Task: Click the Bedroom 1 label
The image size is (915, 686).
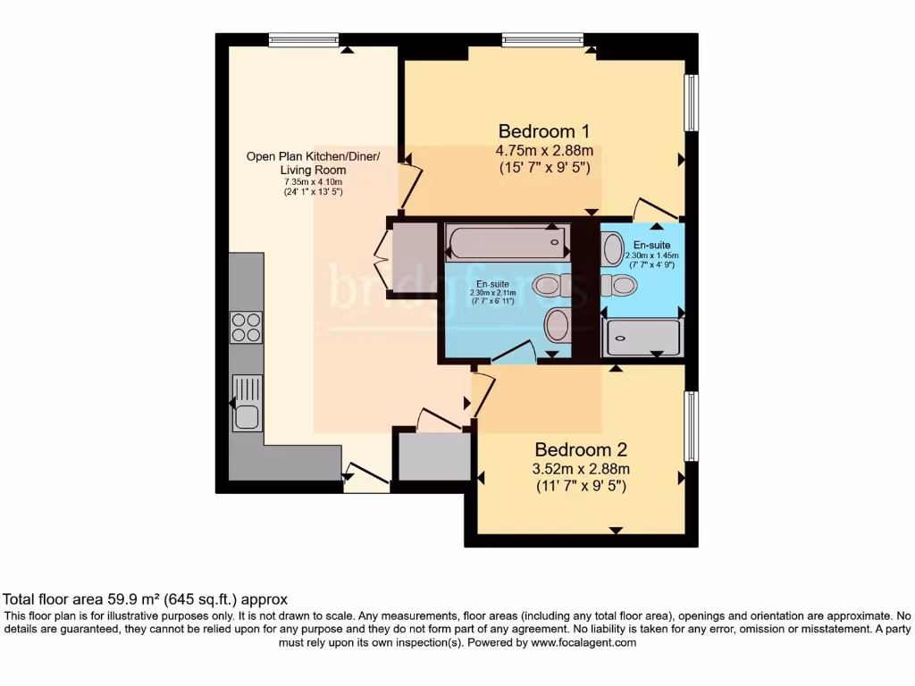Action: pyautogui.click(x=544, y=130)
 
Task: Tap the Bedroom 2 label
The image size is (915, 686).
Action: pyautogui.click(x=581, y=449)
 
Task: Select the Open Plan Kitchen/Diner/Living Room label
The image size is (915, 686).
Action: pyautogui.click(x=313, y=163)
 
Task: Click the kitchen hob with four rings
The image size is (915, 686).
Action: pyautogui.click(x=246, y=327)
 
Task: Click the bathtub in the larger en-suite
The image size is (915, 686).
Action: pyautogui.click(x=507, y=241)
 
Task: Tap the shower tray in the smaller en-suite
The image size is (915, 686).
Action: pyautogui.click(x=643, y=338)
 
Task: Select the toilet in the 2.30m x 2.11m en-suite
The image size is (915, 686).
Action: pyautogui.click(x=546, y=286)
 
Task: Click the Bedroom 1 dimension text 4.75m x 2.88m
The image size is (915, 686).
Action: pyautogui.click(x=544, y=149)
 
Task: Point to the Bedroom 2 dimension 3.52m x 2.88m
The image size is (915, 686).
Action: pyautogui.click(x=581, y=469)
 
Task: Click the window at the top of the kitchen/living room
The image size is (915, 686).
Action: pyautogui.click(x=304, y=39)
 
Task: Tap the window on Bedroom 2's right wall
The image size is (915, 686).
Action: pyautogui.click(x=691, y=426)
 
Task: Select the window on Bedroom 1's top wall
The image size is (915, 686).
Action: pyautogui.click(x=542, y=39)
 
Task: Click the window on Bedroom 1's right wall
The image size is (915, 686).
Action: pyautogui.click(x=691, y=103)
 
